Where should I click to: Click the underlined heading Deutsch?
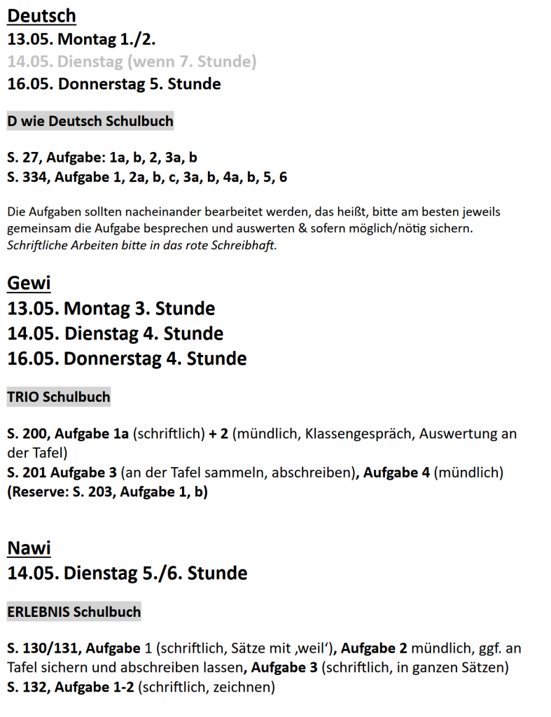[x=41, y=15]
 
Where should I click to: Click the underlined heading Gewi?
[x=29, y=283]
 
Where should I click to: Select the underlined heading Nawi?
[x=29, y=548]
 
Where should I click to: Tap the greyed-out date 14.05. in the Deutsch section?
[x=29, y=62]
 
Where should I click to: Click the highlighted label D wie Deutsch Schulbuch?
[x=90, y=121]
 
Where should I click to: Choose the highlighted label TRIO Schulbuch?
[x=59, y=397]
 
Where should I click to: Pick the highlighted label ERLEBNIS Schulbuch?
[x=74, y=611]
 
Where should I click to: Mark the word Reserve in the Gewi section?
[x=35, y=492]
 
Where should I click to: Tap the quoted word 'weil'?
[x=313, y=648]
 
